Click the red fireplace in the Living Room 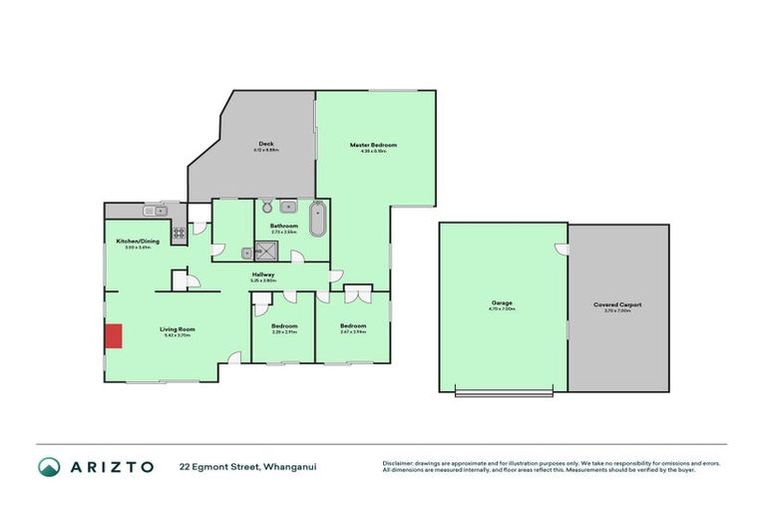tap(114, 336)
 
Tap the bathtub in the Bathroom tap(317, 219)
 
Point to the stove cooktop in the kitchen tap(180, 235)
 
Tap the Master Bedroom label tap(373, 145)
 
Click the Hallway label tap(263, 274)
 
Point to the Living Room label tap(179, 328)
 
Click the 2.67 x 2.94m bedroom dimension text tap(352, 332)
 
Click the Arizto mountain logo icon tap(49, 467)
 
